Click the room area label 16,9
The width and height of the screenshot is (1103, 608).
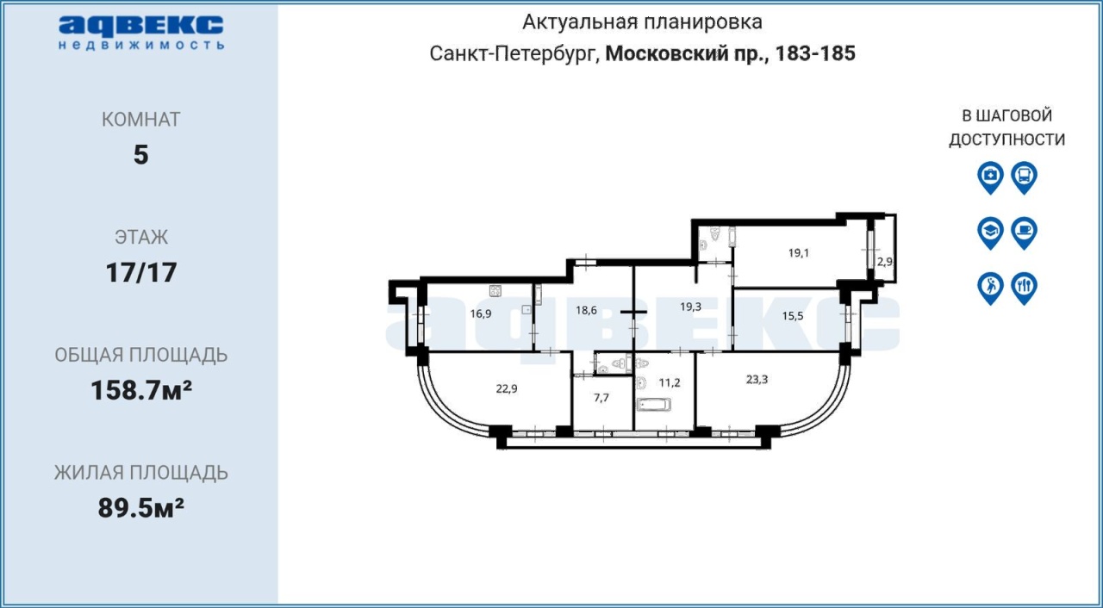coord(480,313)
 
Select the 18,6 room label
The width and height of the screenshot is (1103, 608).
coord(586,310)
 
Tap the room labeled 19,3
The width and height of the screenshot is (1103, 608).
coord(690,307)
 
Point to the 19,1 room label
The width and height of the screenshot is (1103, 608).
coord(798,253)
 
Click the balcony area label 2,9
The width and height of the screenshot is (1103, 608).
coord(884,262)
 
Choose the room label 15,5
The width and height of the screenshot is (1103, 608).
coord(792,316)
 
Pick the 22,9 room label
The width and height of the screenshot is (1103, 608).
coord(506,388)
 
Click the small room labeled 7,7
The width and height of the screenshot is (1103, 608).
coord(601,398)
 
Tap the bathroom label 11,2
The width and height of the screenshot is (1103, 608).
coord(670,382)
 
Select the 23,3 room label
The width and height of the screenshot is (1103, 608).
coord(757,379)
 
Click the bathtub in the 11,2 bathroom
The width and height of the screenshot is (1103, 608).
coord(653,405)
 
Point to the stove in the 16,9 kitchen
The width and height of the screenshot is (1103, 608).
coord(495,291)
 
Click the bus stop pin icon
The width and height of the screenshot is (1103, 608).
coord(1025,177)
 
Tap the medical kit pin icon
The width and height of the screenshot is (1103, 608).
coord(990,177)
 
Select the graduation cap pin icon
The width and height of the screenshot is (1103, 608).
coord(990,233)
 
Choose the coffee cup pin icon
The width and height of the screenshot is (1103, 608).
coord(1025,233)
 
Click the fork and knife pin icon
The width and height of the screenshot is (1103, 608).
coord(1025,288)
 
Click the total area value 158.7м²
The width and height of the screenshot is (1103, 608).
coord(141,391)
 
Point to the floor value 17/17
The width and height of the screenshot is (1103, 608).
coord(141,272)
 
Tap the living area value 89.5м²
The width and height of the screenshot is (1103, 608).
coord(141,508)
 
